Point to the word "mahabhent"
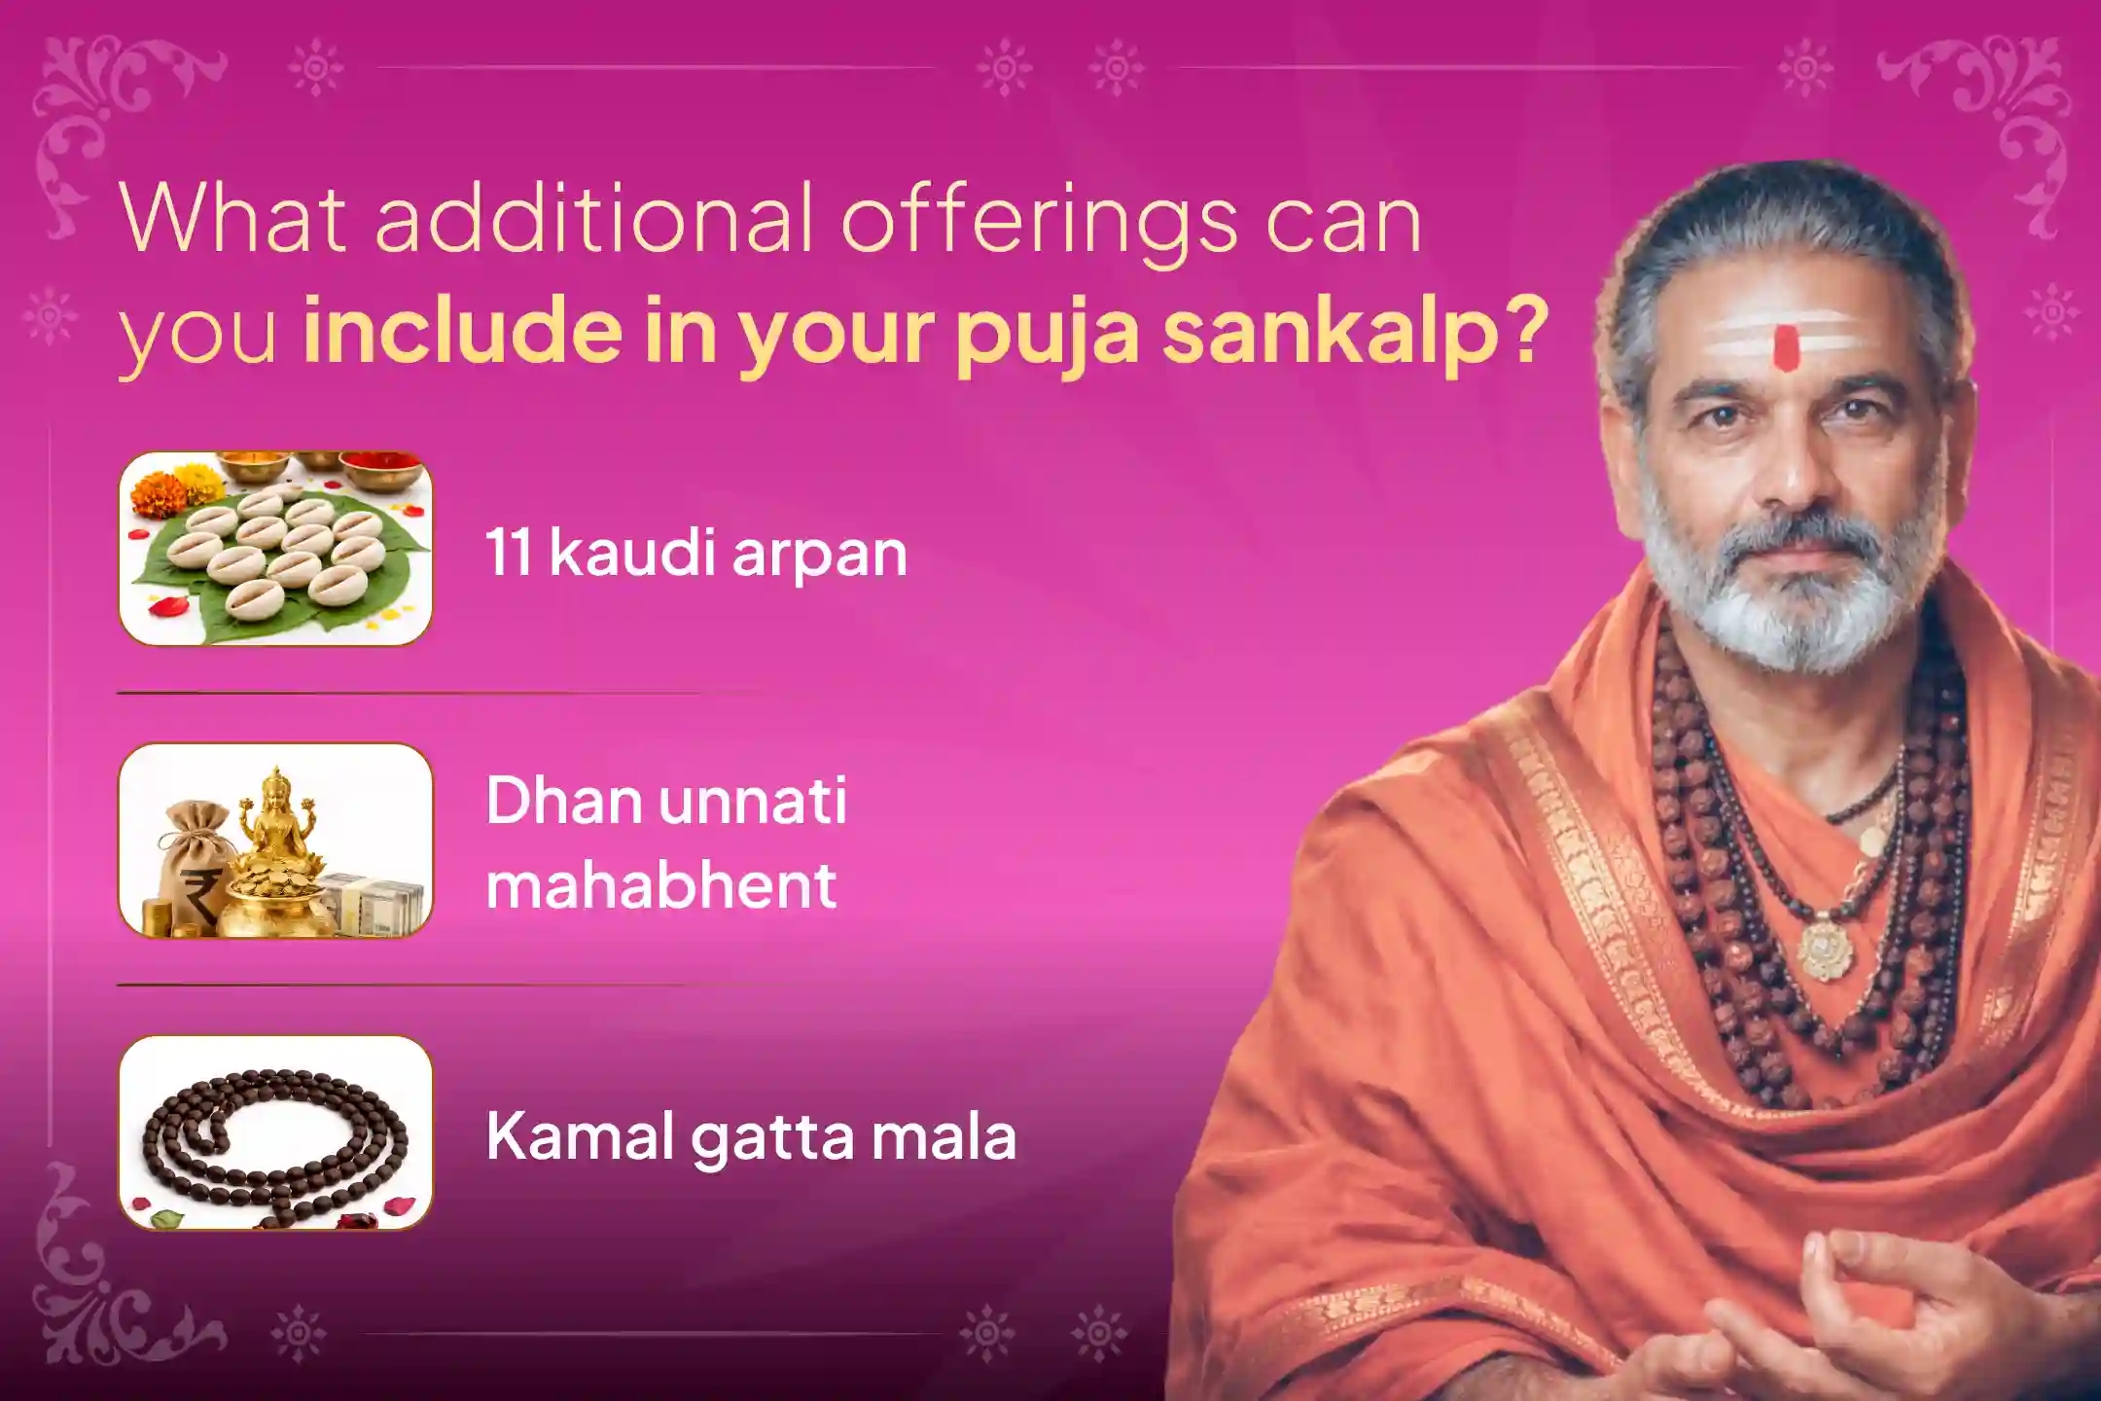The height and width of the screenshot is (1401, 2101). point(661,884)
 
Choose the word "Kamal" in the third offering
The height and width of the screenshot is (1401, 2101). point(581,1135)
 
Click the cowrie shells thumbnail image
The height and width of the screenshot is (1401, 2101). point(275,549)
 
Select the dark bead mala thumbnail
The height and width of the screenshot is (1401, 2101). point(275,1132)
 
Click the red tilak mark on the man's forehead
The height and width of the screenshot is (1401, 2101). point(1785,348)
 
